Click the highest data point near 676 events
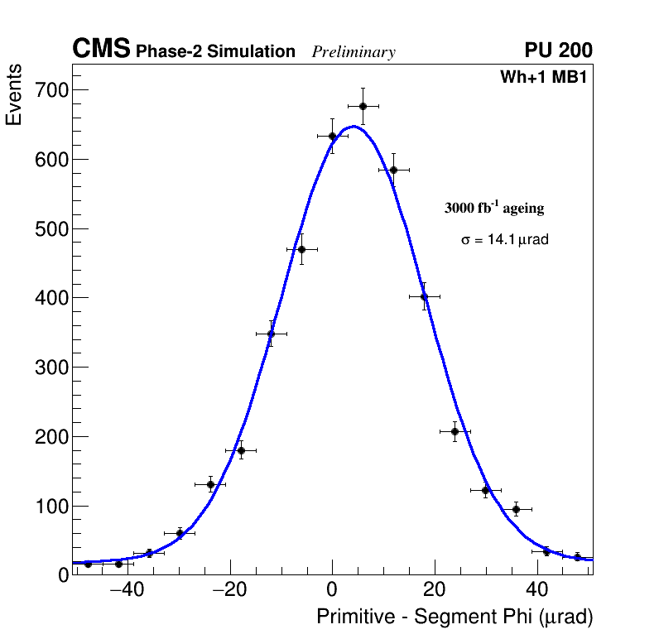pos(363,106)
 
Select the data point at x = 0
pos(332,136)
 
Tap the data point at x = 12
pos(393,170)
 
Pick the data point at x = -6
pos(301,249)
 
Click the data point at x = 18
pos(424,296)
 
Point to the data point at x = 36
pos(516,509)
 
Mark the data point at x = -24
pos(210,484)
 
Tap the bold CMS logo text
pos(101,50)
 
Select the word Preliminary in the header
pos(354,52)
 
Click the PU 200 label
pos(558,50)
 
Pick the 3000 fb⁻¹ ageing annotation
pos(494,208)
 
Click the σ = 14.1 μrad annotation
pos(504,240)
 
